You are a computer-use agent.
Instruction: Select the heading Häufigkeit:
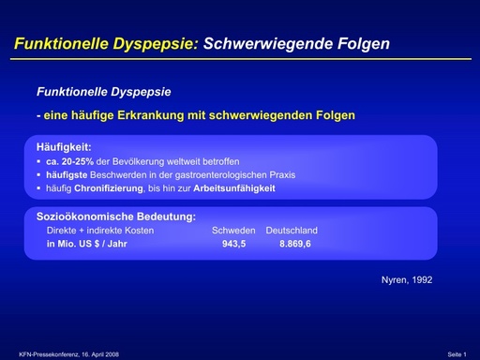[x=63, y=147]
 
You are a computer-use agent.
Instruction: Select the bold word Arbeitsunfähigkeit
[x=238, y=188]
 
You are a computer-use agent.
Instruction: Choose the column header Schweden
[x=232, y=230]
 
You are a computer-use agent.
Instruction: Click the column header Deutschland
[x=292, y=230]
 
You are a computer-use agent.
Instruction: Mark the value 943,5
[x=233, y=244]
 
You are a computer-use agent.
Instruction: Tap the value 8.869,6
[x=294, y=244]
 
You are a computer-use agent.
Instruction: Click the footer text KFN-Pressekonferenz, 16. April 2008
[x=70, y=353]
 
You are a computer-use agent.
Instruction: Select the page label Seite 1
[x=457, y=353]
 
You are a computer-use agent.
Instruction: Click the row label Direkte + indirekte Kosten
[x=100, y=230]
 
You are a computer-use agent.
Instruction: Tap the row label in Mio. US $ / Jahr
[x=87, y=244]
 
